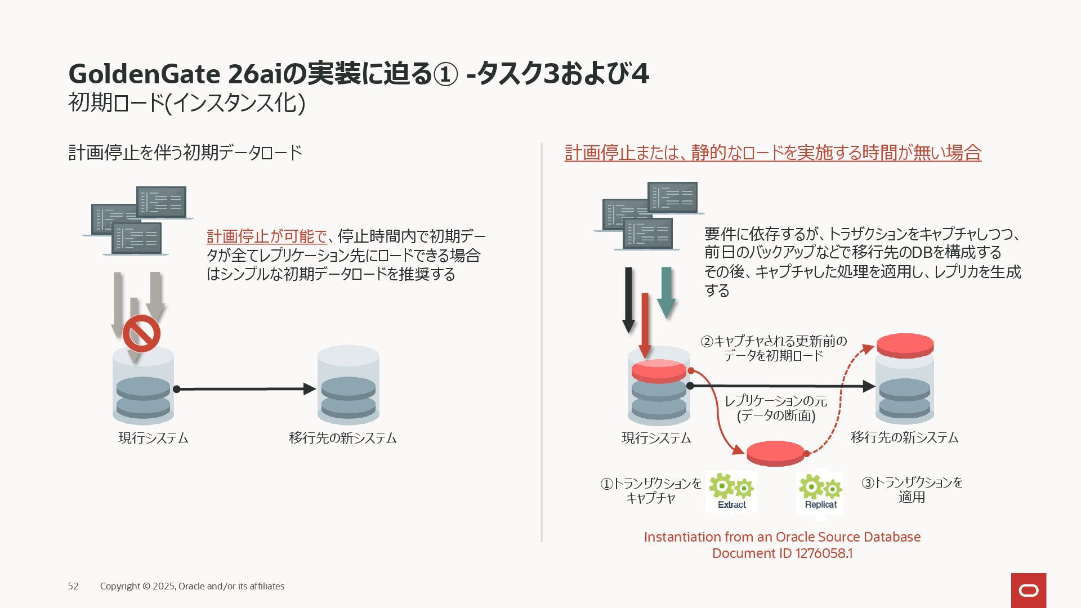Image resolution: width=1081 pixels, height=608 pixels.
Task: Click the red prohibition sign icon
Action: pyautogui.click(x=141, y=333)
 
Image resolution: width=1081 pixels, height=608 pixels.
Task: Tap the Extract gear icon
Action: pyautogui.click(x=731, y=491)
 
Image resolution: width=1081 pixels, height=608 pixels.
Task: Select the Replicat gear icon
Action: pyautogui.click(x=820, y=491)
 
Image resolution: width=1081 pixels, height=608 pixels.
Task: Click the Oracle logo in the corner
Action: pyautogui.click(x=1028, y=590)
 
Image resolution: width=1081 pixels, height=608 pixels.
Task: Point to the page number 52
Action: pyautogui.click(x=73, y=586)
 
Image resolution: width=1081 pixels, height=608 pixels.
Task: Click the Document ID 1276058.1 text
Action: pyautogui.click(x=782, y=553)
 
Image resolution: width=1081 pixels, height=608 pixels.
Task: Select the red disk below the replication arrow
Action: pyautogui.click(x=775, y=453)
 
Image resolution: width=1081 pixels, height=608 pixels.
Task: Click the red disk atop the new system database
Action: pyautogui.click(x=905, y=345)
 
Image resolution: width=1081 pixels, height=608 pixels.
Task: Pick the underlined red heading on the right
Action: pyautogui.click(x=772, y=153)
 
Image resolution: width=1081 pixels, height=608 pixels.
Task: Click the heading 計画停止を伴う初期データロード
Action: pyautogui.click(x=185, y=153)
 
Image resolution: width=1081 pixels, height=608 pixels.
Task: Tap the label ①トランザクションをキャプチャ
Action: pyautogui.click(x=651, y=490)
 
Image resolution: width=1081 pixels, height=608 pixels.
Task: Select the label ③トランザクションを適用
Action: pyautogui.click(x=912, y=489)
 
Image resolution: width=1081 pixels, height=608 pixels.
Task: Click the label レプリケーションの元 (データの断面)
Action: pyautogui.click(x=776, y=408)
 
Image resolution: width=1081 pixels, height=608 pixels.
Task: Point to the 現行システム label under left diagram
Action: pyautogui.click(x=153, y=438)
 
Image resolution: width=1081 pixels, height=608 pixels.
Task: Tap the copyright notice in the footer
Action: pyautogui.click(x=192, y=586)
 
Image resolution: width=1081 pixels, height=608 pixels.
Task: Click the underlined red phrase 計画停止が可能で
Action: pyautogui.click(x=266, y=236)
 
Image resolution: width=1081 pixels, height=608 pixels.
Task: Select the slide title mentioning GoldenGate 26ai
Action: pyautogui.click(x=359, y=74)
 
